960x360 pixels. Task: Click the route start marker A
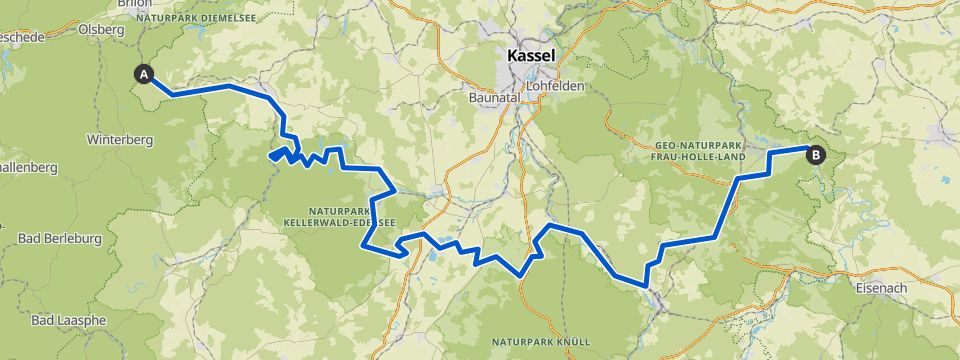[145, 74]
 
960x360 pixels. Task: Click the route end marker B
[817, 155]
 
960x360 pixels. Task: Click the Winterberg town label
[120, 140]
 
